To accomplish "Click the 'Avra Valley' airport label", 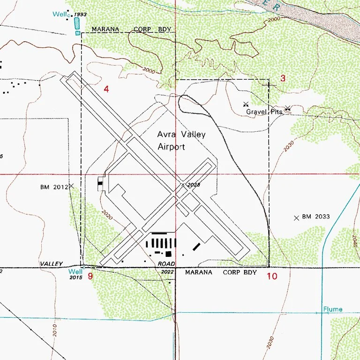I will [x=181, y=135].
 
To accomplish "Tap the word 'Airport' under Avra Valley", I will [x=171, y=147].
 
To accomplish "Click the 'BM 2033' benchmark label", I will [x=316, y=217].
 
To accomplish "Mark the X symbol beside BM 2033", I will [x=296, y=218].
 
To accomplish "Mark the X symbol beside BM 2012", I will [x=72, y=186].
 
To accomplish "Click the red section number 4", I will [x=106, y=89].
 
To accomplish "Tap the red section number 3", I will [x=283, y=78].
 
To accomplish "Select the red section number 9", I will [x=90, y=277].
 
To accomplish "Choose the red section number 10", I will [x=272, y=277].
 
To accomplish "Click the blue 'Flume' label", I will [x=332, y=309].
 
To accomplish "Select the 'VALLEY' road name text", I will [x=51, y=264].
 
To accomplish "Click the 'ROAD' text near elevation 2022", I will [x=167, y=264].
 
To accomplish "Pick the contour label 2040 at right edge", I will [x=355, y=241].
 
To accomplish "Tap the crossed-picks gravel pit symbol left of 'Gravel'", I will [x=245, y=104].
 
